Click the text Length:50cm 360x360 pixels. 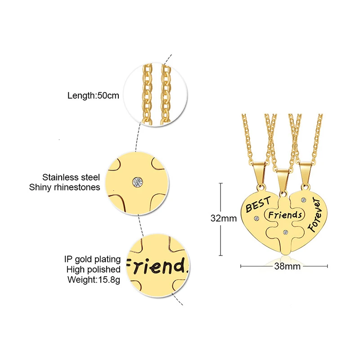[93, 95]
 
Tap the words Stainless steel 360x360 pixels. [71, 177]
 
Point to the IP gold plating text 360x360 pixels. [92, 259]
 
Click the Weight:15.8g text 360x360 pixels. [94, 279]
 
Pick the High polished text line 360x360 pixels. [93, 270]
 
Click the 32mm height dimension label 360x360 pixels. [223, 218]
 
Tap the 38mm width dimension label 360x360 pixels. [287, 266]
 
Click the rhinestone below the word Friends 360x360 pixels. [285, 232]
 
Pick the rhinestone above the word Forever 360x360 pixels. [304, 200]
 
